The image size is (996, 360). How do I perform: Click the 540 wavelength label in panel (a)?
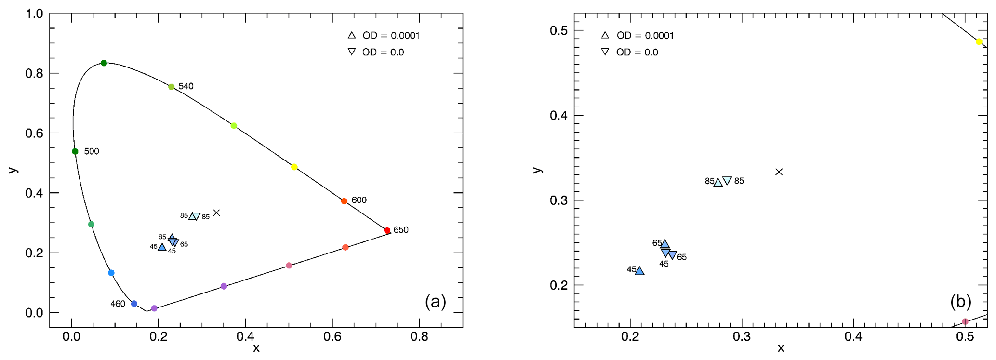(x=186, y=86)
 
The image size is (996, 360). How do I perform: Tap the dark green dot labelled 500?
(x=75, y=151)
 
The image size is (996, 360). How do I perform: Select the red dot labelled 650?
(x=387, y=230)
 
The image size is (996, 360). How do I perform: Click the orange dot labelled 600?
(x=344, y=201)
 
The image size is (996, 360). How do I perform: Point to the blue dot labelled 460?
(x=134, y=304)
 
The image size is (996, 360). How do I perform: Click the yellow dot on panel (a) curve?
(x=294, y=167)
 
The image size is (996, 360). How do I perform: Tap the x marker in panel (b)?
(x=779, y=172)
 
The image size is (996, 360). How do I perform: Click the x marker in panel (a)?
(x=217, y=213)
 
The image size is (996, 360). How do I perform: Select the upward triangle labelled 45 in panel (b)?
(x=639, y=271)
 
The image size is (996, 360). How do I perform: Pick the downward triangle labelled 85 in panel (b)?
(x=728, y=181)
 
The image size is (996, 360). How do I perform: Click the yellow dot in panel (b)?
(x=979, y=42)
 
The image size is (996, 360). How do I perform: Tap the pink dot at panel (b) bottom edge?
(x=965, y=321)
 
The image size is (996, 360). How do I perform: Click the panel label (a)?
(x=436, y=302)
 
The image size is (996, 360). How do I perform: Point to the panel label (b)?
(x=961, y=302)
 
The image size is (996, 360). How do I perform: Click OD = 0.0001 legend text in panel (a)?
(x=391, y=36)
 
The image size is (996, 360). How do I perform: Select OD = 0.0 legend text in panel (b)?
(x=637, y=52)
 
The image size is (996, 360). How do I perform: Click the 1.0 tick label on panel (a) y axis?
(x=34, y=13)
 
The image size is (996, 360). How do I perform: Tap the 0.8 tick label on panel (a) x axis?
(x=419, y=337)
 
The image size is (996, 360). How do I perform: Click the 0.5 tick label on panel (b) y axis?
(x=559, y=30)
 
